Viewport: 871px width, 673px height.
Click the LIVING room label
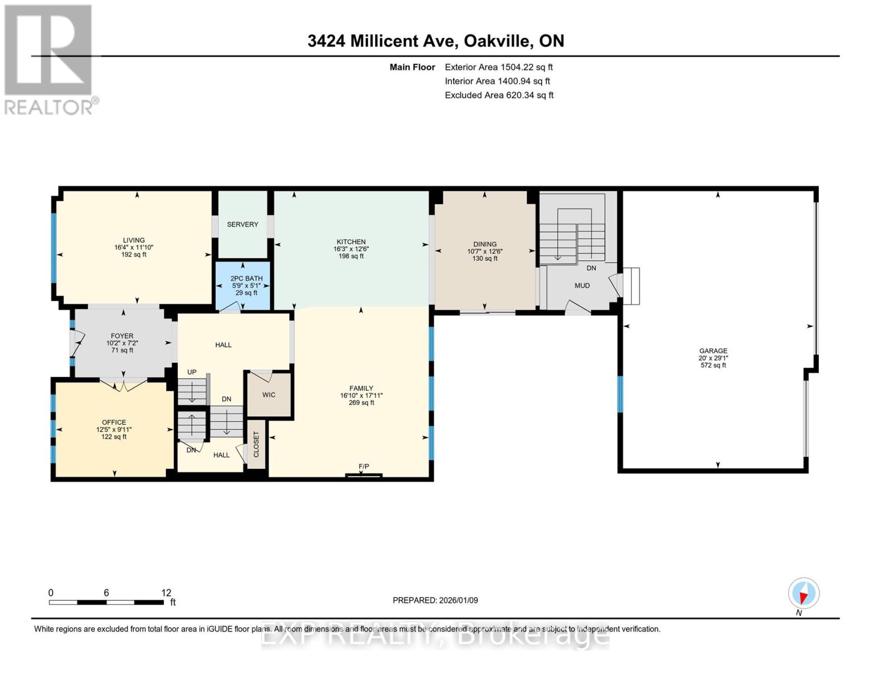(x=133, y=240)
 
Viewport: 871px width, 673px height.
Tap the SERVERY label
(x=242, y=224)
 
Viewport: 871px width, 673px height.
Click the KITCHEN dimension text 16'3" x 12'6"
(x=351, y=249)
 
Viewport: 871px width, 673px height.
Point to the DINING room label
(x=485, y=244)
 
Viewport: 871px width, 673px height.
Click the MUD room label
(x=582, y=285)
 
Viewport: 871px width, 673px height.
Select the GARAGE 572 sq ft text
(x=713, y=365)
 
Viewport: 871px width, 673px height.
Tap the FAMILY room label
(x=361, y=388)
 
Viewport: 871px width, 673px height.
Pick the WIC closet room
(x=269, y=395)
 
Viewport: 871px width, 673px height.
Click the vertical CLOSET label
(x=256, y=444)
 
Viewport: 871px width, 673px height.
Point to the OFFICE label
(x=114, y=422)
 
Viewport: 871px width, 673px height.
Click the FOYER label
(x=122, y=336)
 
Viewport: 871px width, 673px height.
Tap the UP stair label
(x=192, y=372)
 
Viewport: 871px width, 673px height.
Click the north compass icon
(x=803, y=593)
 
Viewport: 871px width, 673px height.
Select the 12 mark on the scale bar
(x=166, y=593)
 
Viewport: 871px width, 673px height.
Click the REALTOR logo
(x=49, y=59)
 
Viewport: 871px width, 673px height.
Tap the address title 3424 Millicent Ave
(x=435, y=41)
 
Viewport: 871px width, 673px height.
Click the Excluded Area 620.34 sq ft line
(x=499, y=95)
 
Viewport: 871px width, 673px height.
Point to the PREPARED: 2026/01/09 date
(x=435, y=600)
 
